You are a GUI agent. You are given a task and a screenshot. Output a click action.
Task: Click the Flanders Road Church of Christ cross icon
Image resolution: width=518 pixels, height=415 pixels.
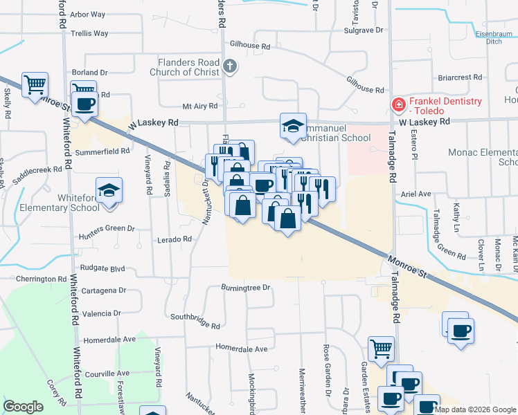tap(231, 67)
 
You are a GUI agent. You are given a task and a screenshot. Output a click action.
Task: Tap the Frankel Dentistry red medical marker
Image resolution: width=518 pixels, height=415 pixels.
tap(398, 106)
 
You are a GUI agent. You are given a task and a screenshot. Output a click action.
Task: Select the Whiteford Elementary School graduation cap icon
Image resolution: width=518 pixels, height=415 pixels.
tap(109, 190)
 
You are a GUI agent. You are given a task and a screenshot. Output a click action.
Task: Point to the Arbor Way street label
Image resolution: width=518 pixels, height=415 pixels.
tap(87, 14)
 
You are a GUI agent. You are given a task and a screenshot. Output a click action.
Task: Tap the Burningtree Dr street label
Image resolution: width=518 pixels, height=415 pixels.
tap(244, 286)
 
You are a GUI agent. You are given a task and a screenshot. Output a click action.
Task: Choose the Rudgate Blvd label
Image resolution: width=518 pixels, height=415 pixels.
tap(102, 268)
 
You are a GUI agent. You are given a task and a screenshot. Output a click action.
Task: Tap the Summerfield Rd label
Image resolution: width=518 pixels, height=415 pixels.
tap(102, 151)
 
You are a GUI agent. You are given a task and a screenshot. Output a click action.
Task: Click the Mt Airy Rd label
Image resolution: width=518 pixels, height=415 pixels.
tap(200, 106)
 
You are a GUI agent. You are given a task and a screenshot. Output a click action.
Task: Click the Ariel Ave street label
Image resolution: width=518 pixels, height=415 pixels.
tap(416, 194)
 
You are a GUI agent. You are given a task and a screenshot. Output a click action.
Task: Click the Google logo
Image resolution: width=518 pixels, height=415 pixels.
tap(23, 407)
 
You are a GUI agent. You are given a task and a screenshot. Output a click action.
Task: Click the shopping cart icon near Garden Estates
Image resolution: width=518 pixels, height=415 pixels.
tap(381, 349)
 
